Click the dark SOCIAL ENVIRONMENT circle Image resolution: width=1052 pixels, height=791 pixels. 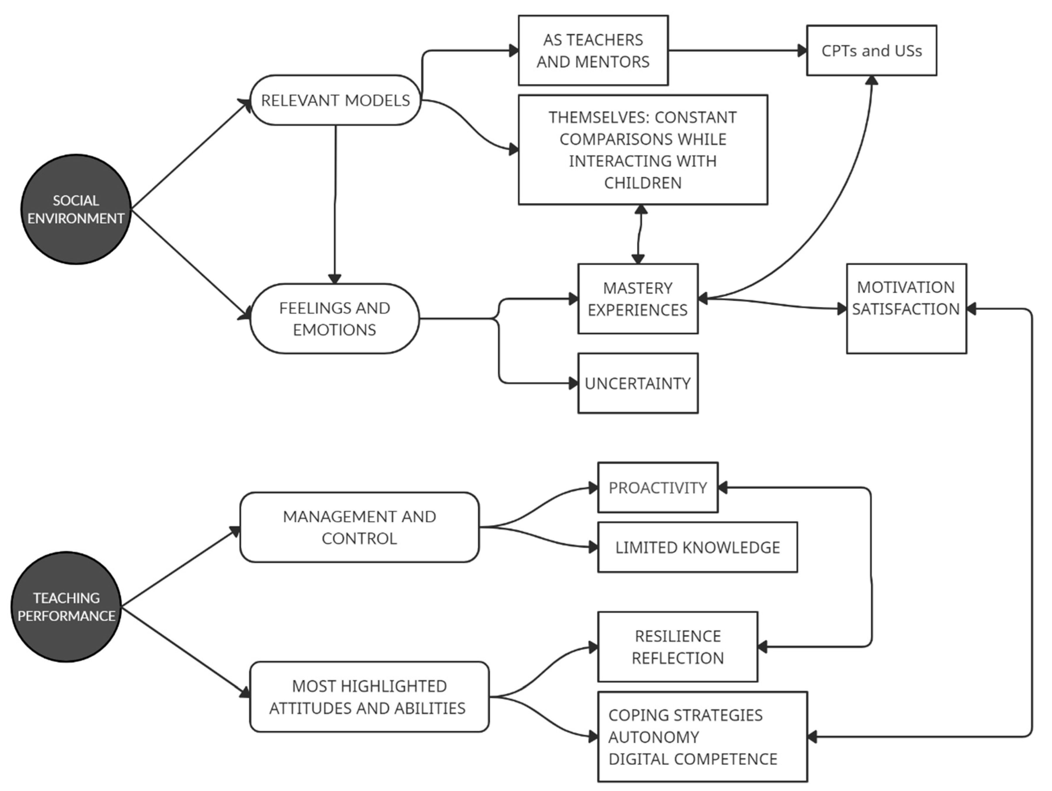click(76, 209)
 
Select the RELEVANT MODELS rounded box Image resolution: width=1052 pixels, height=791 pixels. click(335, 100)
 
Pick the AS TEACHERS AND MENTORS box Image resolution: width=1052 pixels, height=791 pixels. click(593, 50)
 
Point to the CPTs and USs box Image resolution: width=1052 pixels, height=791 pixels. click(871, 50)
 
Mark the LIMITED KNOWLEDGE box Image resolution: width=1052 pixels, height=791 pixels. click(697, 547)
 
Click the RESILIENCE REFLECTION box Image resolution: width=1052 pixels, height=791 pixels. click(677, 647)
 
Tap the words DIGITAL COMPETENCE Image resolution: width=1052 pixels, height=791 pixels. click(692, 759)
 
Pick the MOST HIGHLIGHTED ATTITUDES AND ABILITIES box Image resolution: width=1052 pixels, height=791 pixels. click(369, 697)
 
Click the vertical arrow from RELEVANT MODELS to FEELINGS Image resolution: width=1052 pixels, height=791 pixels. click(335, 200)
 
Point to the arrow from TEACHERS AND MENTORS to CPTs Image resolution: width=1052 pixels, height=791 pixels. click(737, 50)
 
